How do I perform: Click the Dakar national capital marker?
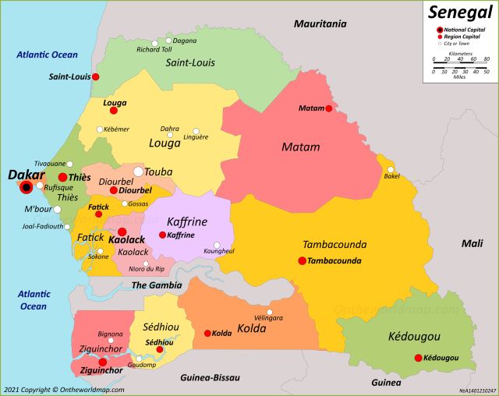click(27, 187)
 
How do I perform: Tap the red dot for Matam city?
click(329, 108)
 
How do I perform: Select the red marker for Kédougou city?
click(418, 358)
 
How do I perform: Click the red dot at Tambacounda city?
click(302, 260)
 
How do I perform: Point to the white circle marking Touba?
click(138, 171)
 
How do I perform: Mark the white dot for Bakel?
click(391, 169)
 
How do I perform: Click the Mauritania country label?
click(320, 24)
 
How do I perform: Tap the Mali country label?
click(472, 243)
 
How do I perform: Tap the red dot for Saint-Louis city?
click(96, 76)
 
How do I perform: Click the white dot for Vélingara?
click(270, 312)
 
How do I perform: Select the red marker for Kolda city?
click(207, 333)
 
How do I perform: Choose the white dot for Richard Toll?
click(154, 43)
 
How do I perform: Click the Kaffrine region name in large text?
click(186, 221)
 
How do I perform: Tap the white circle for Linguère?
click(196, 131)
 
